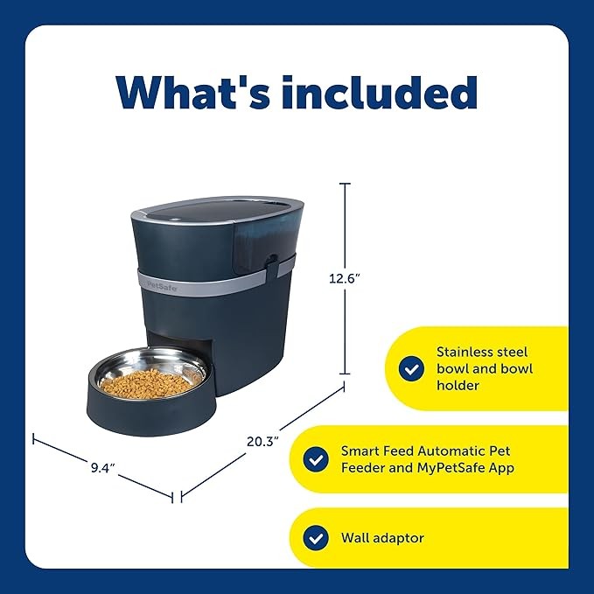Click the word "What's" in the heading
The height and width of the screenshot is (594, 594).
[x=193, y=92]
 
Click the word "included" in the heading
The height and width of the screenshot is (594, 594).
[x=379, y=92]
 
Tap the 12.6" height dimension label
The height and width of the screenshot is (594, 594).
[x=344, y=279]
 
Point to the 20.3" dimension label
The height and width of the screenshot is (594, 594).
[x=262, y=441]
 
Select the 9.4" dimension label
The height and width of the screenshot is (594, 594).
[x=102, y=468]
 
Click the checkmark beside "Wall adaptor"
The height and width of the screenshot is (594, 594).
[x=316, y=538]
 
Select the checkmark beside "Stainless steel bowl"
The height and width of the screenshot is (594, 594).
[x=411, y=368]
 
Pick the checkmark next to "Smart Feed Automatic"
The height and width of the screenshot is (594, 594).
[x=316, y=459]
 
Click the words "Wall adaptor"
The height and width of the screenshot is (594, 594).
[x=382, y=538]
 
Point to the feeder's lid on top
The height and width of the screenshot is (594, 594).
[x=217, y=211]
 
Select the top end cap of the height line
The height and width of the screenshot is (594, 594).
[x=345, y=184]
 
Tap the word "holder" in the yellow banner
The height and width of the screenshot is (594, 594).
[x=458, y=386]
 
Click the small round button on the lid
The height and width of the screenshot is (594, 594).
[x=175, y=219]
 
